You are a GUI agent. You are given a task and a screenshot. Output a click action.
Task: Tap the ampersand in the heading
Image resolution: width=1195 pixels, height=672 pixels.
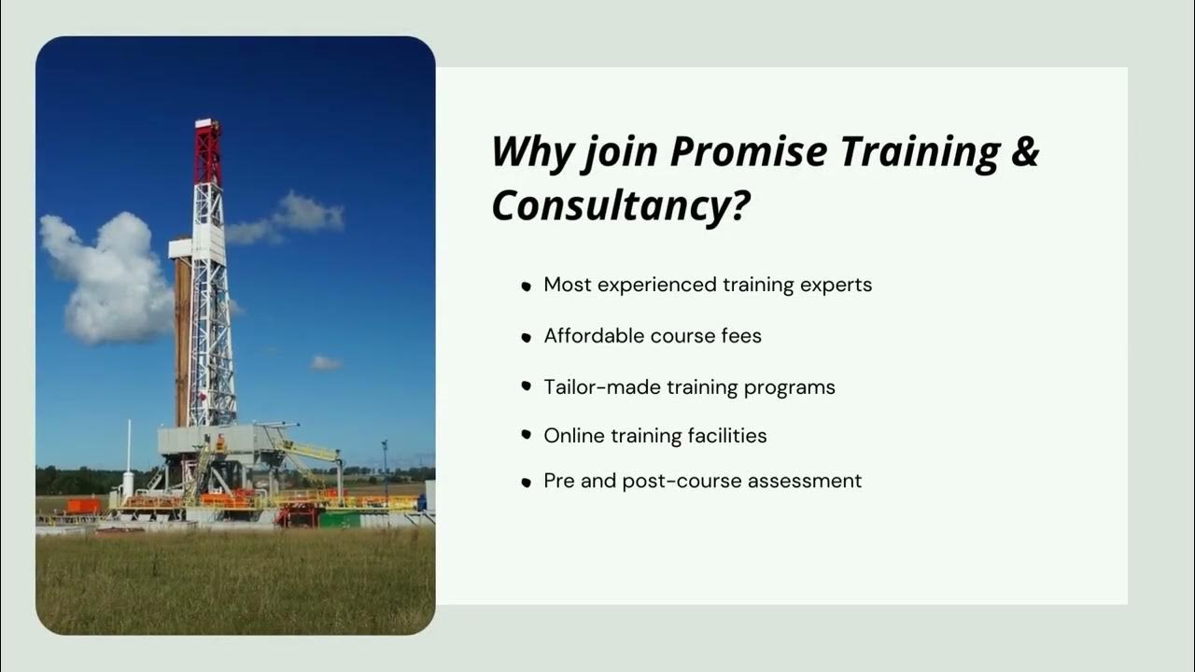(x=1023, y=152)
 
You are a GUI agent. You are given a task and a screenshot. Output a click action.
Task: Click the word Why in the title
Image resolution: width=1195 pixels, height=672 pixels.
(x=530, y=152)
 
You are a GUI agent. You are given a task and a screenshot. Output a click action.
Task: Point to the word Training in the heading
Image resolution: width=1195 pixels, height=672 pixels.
(x=920, y=152)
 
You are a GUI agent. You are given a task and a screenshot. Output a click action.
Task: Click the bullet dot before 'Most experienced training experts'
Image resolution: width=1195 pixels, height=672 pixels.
(x=527, y=287)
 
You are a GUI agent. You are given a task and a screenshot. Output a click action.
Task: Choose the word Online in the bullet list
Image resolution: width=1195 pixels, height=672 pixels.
(x=574, y=435)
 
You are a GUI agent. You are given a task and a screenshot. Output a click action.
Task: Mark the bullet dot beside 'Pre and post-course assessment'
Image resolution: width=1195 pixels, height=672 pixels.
(x=527, y=483)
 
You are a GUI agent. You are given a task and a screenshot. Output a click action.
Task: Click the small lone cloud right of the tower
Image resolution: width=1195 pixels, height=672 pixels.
(x=326, y=362)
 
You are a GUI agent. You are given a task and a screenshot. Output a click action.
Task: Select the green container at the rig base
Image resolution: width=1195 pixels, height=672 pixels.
(x=338, y=518)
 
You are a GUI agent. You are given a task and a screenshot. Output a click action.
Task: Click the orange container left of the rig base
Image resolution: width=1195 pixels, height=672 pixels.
(x=83, y=506)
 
